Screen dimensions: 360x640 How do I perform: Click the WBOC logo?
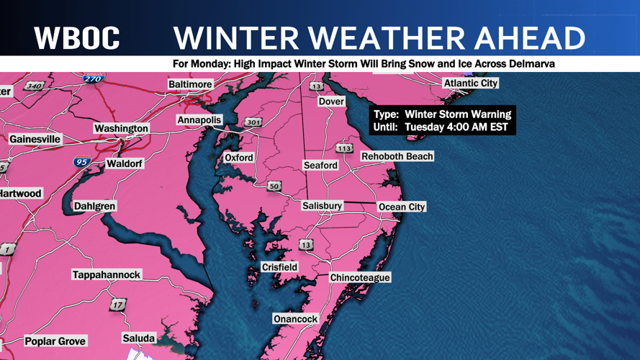point(76,38)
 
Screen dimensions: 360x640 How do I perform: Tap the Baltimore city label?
point(190,84)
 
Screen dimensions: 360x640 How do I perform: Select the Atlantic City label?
point(470,84)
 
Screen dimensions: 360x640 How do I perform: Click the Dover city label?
point(332,102)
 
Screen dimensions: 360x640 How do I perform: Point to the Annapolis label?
point(199,120)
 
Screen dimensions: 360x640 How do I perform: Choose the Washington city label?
point(121,128)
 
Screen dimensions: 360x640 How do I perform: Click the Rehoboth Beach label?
point(397,156)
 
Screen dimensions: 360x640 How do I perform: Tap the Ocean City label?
point(402,207)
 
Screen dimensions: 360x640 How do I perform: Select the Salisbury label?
point(322,206)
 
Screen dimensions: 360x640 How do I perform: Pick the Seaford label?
point(320,165)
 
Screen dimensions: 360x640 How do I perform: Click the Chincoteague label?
point(360,278)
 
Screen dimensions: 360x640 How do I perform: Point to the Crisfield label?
point(279,267)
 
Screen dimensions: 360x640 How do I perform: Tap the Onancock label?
point(295,319)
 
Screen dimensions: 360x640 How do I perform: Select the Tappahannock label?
point(107,275)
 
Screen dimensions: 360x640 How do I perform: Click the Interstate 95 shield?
point(82,162)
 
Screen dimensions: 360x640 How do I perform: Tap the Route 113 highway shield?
point(344,148)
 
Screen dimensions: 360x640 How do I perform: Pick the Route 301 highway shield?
point(253,122)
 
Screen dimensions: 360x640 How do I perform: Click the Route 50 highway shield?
point(274,186)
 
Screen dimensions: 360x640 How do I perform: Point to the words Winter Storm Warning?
point(457,114)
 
